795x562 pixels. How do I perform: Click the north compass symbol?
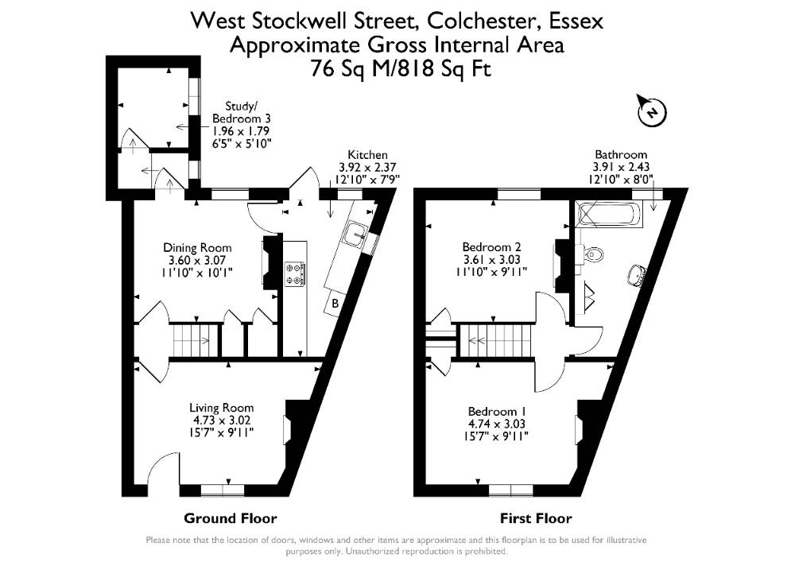pos(652,110)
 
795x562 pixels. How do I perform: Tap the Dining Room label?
pos(197,248)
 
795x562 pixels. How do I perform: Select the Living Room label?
pos(221,408)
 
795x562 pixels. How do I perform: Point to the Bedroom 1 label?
pos(497,412)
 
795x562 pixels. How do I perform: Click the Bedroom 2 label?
pos(491,247)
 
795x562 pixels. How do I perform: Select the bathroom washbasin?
pos(637,274)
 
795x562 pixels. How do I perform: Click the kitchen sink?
pos(356,235)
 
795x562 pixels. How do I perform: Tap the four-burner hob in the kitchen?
pos(295,273)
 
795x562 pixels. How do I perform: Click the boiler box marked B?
pos(335,304)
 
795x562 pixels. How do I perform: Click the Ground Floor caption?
pos(231,518)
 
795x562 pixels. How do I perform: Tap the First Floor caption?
pos(536,518)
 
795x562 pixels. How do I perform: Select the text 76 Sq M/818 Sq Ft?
pos(401,68)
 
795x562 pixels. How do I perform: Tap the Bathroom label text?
pos(621,154)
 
